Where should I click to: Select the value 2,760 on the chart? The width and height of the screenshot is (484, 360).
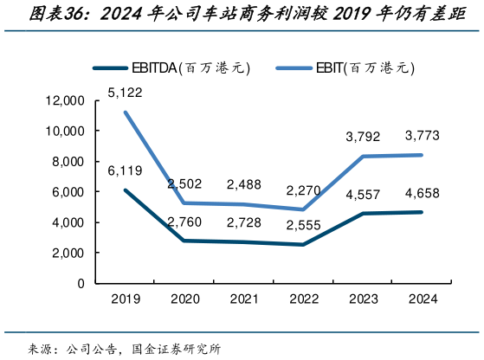(x=184, y=223)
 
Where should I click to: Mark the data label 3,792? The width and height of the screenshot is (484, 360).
(x=362, y=136)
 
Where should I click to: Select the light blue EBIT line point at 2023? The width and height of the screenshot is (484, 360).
(x=362, y=157)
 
